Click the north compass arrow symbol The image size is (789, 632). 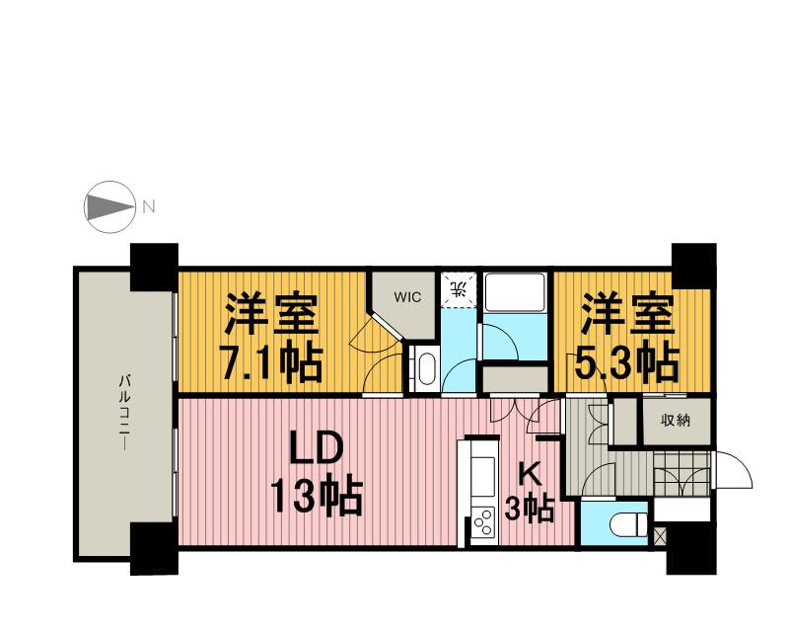coord(108,208)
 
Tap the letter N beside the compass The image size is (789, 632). coord(149,207)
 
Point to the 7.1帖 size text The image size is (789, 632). coord(270,364)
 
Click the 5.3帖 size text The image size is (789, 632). coord(627,364)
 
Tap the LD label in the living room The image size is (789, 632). coord(315,451)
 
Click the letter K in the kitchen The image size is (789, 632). coord(529,475)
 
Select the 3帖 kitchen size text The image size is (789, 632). coord(528,510)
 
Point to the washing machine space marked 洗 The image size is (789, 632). coord(458,290)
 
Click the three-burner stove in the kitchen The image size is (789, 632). coord(484,521)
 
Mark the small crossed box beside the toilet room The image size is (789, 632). coord(660,538)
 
